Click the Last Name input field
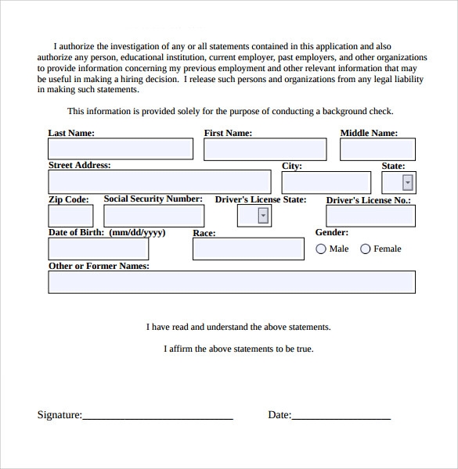pyautogui.click(x=121, y=149)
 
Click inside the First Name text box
pyautogui.click(x=265, y=149)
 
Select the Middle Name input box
pyautogui.click(x=377, y=149)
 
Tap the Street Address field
pyautogui.click(x=159, y=182)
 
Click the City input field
pyautogui.click(x=326, y=182)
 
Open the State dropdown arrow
pyautogui.click(x=407, y=183)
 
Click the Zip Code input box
pyautogui.click(x=70, y=216)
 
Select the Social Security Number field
pyautogui.click(x=154, y=216)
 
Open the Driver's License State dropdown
pyautogui.click(x=263, y=217)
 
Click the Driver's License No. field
pyautogui.click(x=370, y=217)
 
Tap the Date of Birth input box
pyautogui.click(x=98, y=249)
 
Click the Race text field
pyautogui.click(x=248, y=249)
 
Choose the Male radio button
pyautogui.click(x=321, y=249)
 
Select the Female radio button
pyautogui.click(x=366, y=249)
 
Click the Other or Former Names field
pyautogui.click(x=232, y=282)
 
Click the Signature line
pyautogui.click(x=157, y=416)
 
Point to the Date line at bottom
pyautogui.click(x=341, y=416)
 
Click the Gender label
pyautogui.click(x=332, y=232)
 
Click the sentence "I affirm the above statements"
pyautogui.click(x=238, y=349)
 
